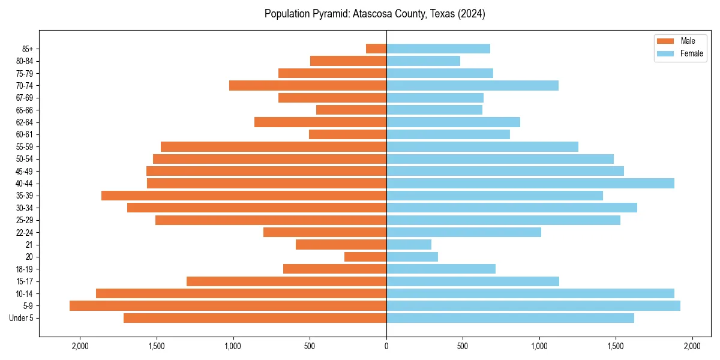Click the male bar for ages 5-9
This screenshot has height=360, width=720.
point(228,306)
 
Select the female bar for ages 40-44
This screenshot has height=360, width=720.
point(530,184)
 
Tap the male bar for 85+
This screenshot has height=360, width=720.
point(376,49)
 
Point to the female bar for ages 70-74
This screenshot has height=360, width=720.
point(472,86)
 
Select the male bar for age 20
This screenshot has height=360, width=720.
point(365,257)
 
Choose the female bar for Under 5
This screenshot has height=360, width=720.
point(510,318)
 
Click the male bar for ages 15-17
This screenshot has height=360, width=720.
point(286,281)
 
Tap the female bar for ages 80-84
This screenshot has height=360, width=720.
point(423,61)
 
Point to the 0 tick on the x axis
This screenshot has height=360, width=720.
point(386,346)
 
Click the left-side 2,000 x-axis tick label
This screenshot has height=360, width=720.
point(80,346)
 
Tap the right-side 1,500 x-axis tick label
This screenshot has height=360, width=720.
point(616,346)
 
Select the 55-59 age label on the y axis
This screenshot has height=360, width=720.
point(25,147)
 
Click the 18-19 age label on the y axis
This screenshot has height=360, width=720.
point(25,269)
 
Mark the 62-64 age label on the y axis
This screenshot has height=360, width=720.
point(25,122)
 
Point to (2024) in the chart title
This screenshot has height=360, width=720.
point(471,14)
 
